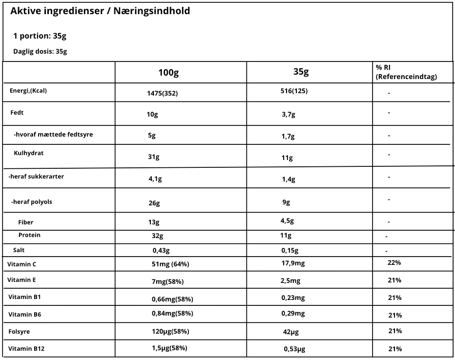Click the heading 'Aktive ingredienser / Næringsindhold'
(x=100, y=11)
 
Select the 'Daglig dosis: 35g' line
(x=40, y=51)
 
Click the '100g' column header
(x=168, y=73)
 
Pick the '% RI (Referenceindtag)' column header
(x=406, y=72)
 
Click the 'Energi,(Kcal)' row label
(x=28, y=90)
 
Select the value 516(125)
(x=294, y=91)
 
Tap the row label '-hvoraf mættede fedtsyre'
(x=53, y=134)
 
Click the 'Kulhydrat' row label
(x=29, y=153)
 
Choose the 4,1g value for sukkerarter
(x=155, y=179)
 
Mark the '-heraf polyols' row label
(x=32, y=202)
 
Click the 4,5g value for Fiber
(x=287, y=220)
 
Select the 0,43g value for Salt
(x=161, y=251)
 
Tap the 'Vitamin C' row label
(x=22, y=264)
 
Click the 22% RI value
(x=394, y=262)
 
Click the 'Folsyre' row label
(x=19, y=332)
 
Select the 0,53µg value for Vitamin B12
(x=294, y=349)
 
